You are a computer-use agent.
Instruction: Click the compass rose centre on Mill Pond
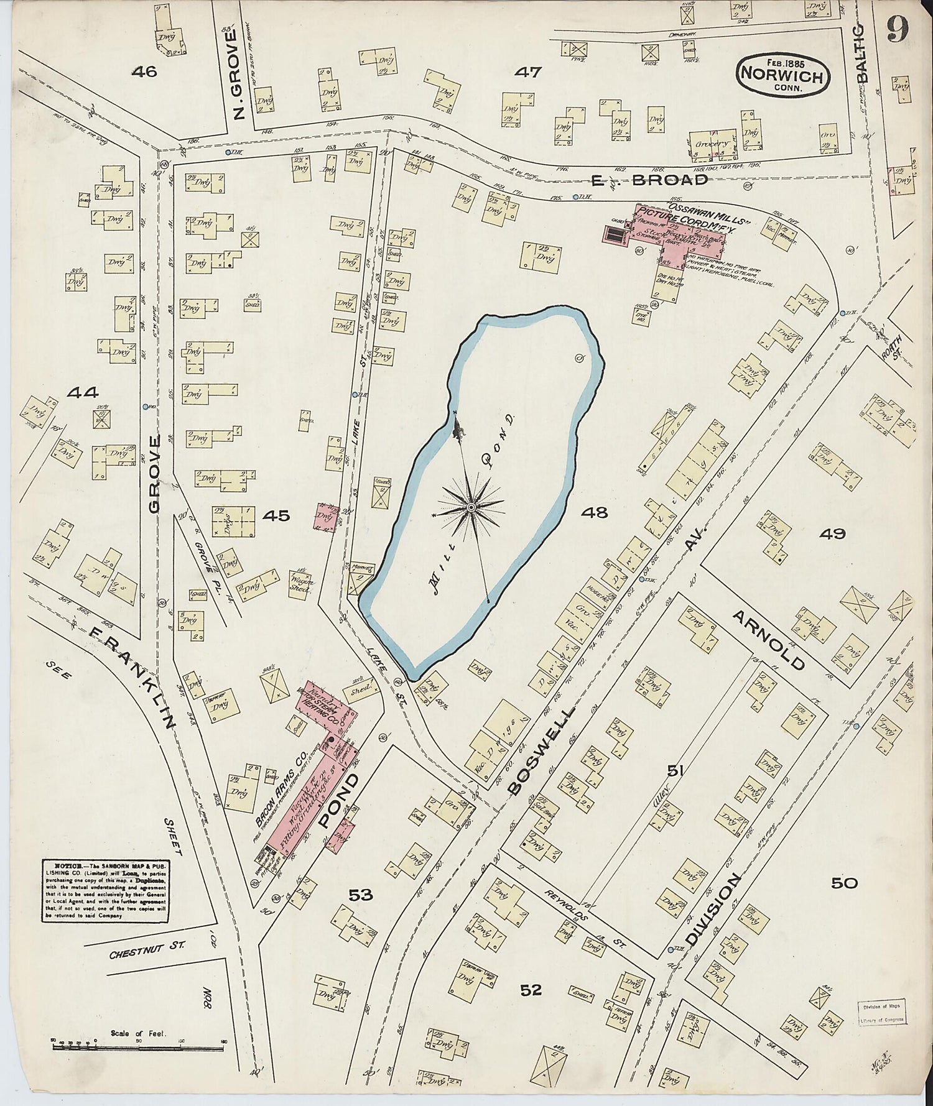click(x=471, y=507)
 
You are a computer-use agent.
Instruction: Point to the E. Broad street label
click(x=649, y=180)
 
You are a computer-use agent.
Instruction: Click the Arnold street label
click(x=769, y=639)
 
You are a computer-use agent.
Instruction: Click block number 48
click(x=594, y=512)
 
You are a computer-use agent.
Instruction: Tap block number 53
click(x=360, y=895)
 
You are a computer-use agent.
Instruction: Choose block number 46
click(x=144, y=72)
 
